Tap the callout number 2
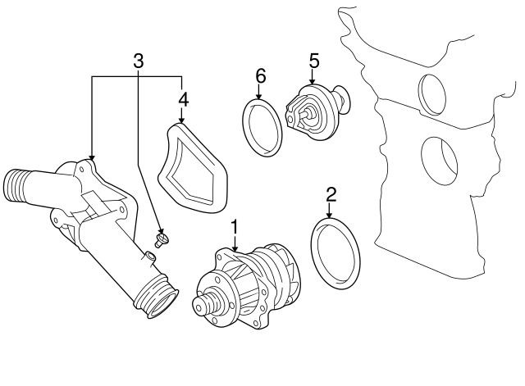pos(331,194)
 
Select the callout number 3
pos(138,60)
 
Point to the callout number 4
pos(183,99)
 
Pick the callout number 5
pos(313,60)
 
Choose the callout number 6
pos(260,75)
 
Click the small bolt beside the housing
pos(162,239)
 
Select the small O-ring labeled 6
pos(262,127)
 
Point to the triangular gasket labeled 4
pos(194,168)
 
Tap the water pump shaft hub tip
pos(199,307)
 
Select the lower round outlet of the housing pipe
pos(157,297)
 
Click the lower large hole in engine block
pos(440,160)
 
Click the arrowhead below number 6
pos(260,98)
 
